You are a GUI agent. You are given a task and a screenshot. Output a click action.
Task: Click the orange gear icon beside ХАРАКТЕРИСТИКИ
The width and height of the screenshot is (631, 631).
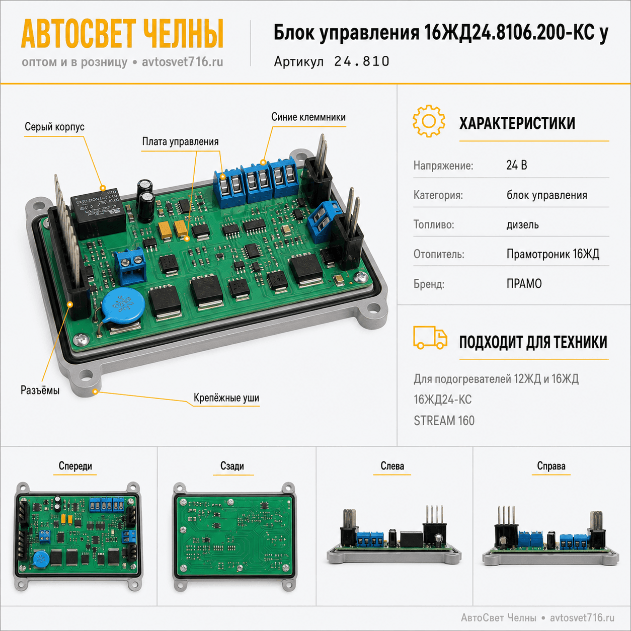429,121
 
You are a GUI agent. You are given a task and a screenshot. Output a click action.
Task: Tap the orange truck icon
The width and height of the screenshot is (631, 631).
430,337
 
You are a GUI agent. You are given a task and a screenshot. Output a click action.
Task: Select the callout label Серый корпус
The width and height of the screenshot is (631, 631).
55,127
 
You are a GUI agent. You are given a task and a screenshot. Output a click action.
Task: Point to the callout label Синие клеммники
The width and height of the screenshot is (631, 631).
308,117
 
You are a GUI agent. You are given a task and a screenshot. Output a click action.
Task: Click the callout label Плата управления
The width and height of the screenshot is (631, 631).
181,141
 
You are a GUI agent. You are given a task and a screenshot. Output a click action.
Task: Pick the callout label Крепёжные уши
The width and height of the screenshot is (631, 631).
226,398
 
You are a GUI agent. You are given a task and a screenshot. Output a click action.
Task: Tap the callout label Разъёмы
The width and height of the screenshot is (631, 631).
40,390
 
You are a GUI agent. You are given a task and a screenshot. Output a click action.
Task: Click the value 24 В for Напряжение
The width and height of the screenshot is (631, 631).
517,165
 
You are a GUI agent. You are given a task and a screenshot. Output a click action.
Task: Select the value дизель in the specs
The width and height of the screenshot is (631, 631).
523,224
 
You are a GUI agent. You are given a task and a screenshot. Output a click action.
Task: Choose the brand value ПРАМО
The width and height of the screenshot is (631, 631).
524,284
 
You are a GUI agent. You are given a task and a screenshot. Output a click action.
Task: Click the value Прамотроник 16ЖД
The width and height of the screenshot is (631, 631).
553,254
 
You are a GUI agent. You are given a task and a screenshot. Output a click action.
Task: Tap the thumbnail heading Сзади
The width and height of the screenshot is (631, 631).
232,465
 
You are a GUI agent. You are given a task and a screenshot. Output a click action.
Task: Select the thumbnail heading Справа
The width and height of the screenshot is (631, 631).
551,465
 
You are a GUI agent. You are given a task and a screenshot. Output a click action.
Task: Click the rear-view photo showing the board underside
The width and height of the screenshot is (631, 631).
234,536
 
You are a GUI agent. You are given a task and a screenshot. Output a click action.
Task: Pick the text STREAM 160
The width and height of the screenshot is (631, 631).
444,421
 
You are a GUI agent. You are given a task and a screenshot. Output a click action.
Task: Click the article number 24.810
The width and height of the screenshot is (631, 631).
361,61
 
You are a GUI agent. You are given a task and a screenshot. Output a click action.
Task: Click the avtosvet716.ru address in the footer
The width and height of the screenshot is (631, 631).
582,617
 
